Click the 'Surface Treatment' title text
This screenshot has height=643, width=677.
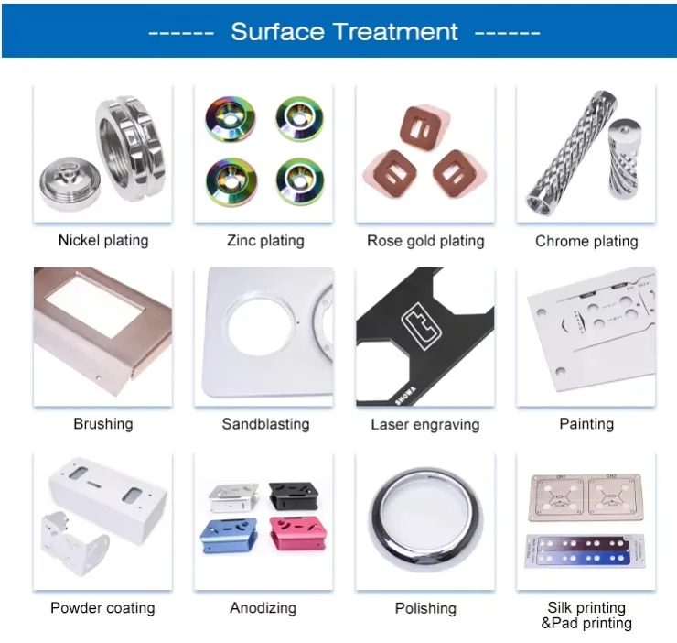(x=344, y=31)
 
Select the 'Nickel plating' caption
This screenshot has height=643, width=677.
(x=103, y=240)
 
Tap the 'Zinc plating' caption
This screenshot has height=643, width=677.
(x=265, y=240)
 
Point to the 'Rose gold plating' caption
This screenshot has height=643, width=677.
(x=425, y=241)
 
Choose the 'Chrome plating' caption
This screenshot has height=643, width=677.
(x=586, y=241)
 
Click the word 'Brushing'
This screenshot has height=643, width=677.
(x=103, y=424)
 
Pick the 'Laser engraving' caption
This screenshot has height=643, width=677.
(x=425, y=425)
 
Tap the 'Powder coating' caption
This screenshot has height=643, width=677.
(x=102, y=608)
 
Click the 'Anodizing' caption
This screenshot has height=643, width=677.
(x=263, y=608)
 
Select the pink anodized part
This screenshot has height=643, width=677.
(x=298, y=533)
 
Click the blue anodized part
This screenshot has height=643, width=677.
(x=229, y=536)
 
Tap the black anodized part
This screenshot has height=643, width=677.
(x=294, y=496)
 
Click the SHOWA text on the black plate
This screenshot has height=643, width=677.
(x=405, y=396)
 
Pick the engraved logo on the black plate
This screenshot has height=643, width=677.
(x=421, y=325)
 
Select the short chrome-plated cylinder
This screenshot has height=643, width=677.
(x=624, y=158)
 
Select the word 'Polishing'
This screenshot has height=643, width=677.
(x=425, y=608)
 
